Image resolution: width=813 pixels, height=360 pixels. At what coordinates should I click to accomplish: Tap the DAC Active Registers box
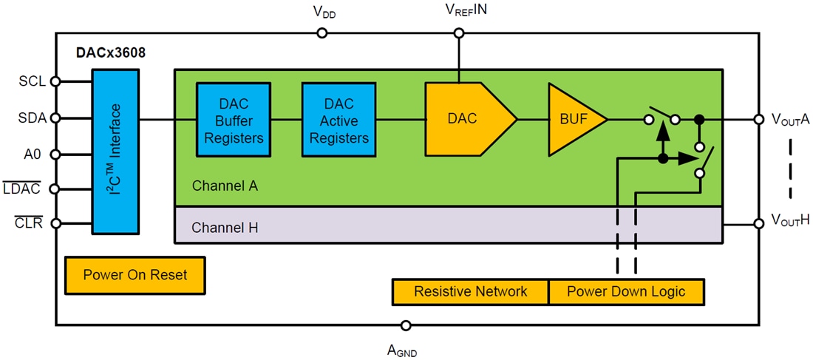339,120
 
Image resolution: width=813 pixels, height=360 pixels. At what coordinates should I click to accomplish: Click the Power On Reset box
135,275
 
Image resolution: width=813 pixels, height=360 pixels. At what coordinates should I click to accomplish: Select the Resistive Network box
470,291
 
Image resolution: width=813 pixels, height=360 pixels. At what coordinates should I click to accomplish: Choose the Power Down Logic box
626,291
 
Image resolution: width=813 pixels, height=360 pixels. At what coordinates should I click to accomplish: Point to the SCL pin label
33,81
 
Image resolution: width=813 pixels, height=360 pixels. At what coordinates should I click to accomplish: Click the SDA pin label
33,118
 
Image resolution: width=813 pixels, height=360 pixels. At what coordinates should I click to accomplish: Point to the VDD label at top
325,13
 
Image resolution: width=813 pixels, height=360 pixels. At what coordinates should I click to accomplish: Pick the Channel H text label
225,227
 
